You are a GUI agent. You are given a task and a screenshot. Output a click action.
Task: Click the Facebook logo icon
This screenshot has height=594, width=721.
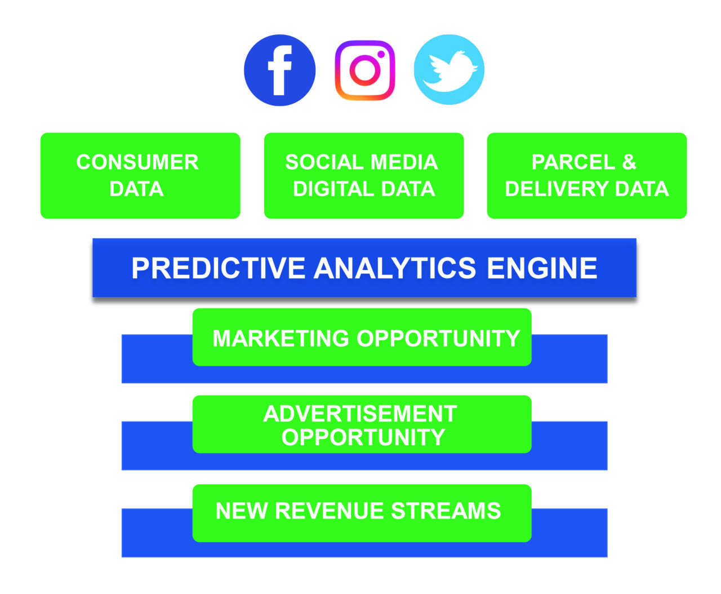279,70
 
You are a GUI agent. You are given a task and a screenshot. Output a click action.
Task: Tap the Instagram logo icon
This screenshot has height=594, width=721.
364,70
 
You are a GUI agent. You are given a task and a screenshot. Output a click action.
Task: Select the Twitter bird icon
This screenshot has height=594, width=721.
449,69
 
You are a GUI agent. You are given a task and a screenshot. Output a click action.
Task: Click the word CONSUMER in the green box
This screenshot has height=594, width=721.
137,162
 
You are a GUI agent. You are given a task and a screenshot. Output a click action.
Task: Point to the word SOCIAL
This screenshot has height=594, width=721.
324,162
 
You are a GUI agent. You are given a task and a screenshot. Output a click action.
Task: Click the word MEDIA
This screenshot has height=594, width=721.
404,162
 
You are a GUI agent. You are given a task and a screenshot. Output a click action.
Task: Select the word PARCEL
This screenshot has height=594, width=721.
573,162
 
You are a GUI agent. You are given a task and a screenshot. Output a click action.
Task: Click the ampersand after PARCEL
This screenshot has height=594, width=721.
629,162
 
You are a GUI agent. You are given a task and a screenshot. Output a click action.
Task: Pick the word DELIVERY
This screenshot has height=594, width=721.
557,189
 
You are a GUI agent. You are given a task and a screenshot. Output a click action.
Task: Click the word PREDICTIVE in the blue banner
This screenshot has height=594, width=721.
218,268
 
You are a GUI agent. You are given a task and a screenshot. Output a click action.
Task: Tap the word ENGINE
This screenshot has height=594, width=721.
542,268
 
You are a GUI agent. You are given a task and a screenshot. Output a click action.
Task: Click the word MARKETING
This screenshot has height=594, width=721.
281,338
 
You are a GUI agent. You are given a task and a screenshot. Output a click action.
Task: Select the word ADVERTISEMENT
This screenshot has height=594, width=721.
360,414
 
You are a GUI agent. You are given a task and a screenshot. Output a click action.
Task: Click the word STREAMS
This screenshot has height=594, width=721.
446,511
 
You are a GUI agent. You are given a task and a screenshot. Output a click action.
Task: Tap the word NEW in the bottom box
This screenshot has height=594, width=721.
242,511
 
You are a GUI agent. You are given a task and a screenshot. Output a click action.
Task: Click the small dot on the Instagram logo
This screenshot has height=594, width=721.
381,54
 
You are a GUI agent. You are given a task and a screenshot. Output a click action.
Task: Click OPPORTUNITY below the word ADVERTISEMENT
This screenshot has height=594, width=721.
363,437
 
